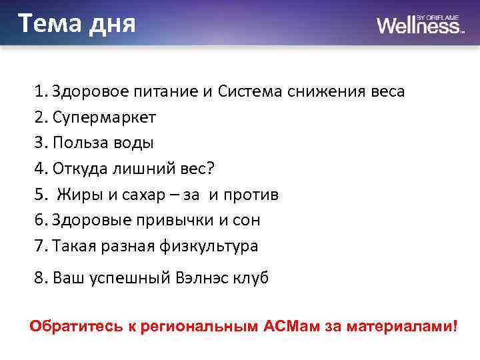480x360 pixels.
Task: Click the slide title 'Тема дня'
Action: click(77, 24)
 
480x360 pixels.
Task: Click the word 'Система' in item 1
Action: click(251, 91)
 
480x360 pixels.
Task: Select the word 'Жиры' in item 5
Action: click(79, 195)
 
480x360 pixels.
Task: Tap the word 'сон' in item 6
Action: click(245, 220)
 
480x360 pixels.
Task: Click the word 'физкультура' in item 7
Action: click(209, 246)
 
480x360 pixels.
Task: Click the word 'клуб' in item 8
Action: click(252, 278)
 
